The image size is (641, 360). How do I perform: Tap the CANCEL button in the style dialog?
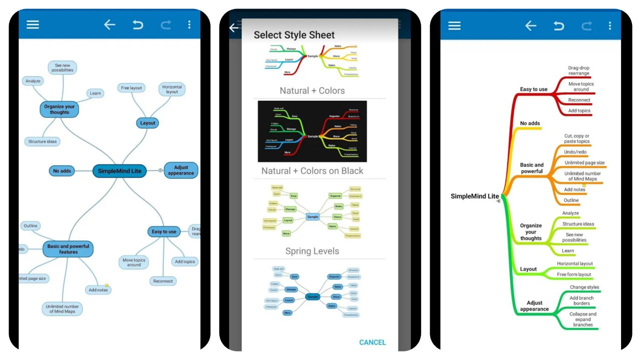tap(372, 342)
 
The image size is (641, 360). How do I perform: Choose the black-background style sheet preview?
tap(312, 132)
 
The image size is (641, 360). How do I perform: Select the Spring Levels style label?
tap(312, 251)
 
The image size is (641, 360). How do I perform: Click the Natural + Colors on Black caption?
tap(312, 171)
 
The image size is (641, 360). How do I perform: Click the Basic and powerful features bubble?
tap(68, 249)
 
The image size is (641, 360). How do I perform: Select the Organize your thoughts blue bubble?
tap(60, 109)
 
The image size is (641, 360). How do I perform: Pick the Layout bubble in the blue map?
tap(148, 123)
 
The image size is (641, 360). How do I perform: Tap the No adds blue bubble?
tap(62, 171)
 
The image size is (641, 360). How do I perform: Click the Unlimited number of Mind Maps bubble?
tap(62, 308)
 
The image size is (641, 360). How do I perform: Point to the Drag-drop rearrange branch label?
tap(578, 71)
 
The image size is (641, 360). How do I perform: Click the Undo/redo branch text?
tap(575, 152)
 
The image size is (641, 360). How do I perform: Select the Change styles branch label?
tap(584, 287)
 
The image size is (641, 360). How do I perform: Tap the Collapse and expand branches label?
tap(582, 319)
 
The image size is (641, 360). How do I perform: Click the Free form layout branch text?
tap(574, 274)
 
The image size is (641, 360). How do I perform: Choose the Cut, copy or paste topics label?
tap(576, 139)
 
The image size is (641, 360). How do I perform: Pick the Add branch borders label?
tap(581, 300)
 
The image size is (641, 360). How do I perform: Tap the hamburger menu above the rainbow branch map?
tap(454, 26)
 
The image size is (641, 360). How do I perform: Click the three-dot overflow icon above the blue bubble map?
tap(189, 25)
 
